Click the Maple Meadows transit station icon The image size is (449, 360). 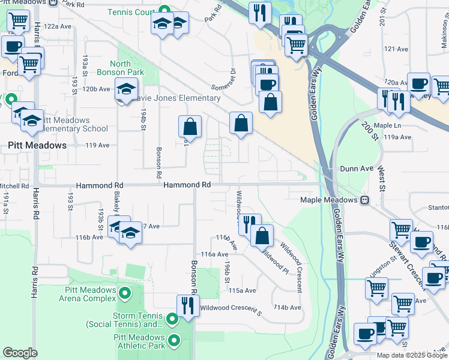364,200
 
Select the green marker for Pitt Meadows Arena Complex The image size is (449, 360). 125,293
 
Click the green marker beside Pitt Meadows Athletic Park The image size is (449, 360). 175,341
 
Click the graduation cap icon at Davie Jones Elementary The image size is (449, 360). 126,89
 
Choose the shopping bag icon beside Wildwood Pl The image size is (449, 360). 262,235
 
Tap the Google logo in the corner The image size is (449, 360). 20,352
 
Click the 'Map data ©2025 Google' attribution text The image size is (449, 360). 412,355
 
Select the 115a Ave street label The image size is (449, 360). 243,290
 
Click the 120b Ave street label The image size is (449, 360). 97,89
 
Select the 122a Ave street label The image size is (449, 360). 58,26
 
